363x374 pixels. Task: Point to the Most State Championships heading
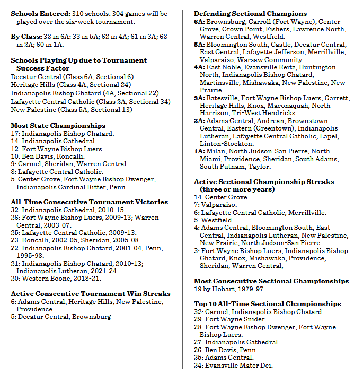point(51,125)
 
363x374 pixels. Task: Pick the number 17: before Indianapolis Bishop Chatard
point(15,134)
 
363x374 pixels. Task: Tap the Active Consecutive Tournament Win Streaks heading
point(91,293)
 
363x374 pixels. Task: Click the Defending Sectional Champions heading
point(250,13)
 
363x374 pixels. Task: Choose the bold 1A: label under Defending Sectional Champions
point(199,151)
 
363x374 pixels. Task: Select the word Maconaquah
point(290,106)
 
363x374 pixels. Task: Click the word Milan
point(216,151)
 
